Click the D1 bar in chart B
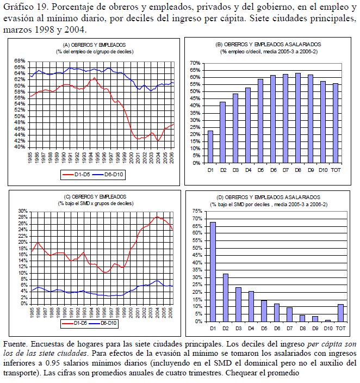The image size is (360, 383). tap(210, 147)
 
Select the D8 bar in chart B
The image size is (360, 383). tap(297, 118)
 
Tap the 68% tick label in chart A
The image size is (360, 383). tap(20, 61)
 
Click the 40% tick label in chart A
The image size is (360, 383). tap(20, 147)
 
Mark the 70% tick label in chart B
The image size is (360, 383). tap(195, 63)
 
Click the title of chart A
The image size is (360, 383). tap(94, 47)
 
